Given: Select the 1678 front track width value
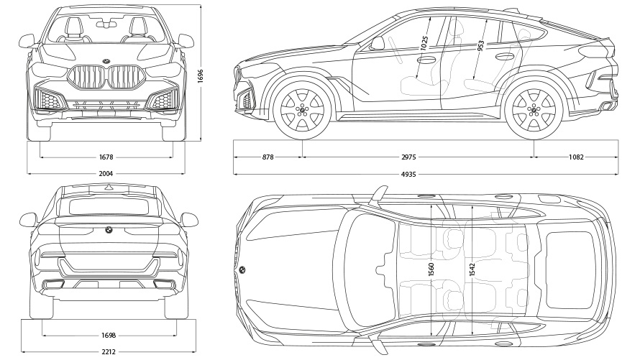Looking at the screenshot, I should [106, 157].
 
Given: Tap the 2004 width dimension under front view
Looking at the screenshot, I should [106, 173].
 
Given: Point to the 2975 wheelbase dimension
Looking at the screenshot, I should [418, 157].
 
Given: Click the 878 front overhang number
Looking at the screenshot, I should [268, 157].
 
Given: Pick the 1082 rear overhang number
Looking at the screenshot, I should [575, 157].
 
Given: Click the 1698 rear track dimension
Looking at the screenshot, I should [109, 336].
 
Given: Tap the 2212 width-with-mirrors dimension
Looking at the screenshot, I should [108, 351].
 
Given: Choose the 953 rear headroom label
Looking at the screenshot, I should [480, 45].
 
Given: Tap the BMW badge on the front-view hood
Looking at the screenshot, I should [106, 60].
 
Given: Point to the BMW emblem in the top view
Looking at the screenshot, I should [242, 270].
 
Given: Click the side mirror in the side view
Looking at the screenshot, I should [378, 43].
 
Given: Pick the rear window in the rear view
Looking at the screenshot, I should [108, 207].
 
